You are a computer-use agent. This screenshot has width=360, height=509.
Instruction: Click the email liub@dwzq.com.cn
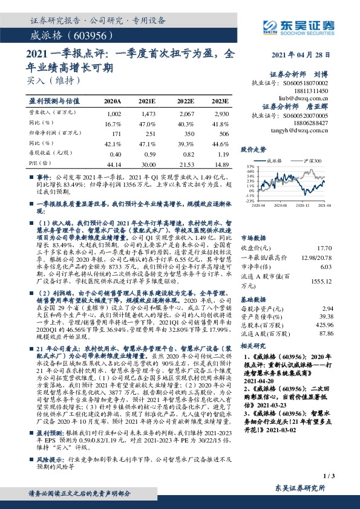(312, 96)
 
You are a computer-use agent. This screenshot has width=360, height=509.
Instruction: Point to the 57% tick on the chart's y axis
(249, 166)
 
